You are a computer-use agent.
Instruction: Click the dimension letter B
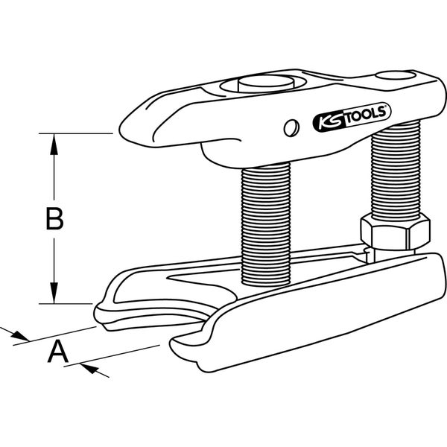53,219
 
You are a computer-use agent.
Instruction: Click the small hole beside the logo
289,127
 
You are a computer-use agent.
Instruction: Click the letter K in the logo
319,118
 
